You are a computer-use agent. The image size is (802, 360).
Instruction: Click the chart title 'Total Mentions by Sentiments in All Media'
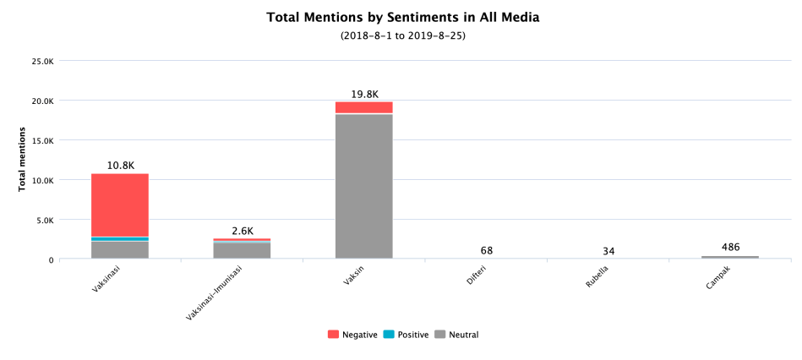pyautogui.click(x=402, y=17)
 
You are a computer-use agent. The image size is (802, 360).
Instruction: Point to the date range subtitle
pyautogui.click(x=402, y=36)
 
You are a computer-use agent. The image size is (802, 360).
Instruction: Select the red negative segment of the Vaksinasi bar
pyautogui.click(x=120, y=205)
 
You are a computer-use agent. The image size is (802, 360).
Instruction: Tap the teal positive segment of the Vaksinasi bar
pyautogui.click(x=120, y=239)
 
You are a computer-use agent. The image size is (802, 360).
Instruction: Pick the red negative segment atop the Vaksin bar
pyautogui.click(x=363, y=107)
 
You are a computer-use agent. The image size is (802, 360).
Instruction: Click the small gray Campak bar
pyautogui.click(x=730, y=257)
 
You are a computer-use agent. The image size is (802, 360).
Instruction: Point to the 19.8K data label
pyautogui.click(x=364, y=94)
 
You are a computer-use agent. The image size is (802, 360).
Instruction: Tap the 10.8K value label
pyautogui.click(x=121, y=166)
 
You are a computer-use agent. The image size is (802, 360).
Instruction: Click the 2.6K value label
pyautogui.click(x=243, y=231)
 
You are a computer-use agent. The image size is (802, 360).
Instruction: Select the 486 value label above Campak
pyautogui.click(x=731, y=247)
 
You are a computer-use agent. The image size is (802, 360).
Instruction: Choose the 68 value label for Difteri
pyautogui.click(x=487, y=250)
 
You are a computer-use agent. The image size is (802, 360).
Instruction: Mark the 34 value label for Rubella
pyautogui.click(x=608, y=250)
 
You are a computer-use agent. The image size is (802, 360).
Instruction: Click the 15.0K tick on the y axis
pyautogui.click(x=42, y=140)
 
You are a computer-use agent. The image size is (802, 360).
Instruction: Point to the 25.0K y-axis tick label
pyautogui.click(x=42, y=61)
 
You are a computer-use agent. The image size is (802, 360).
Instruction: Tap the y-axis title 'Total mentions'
pyautogui.click(x=23, y=159)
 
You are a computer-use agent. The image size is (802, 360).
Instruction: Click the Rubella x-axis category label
pyautogui.click(x=598, y=277)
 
